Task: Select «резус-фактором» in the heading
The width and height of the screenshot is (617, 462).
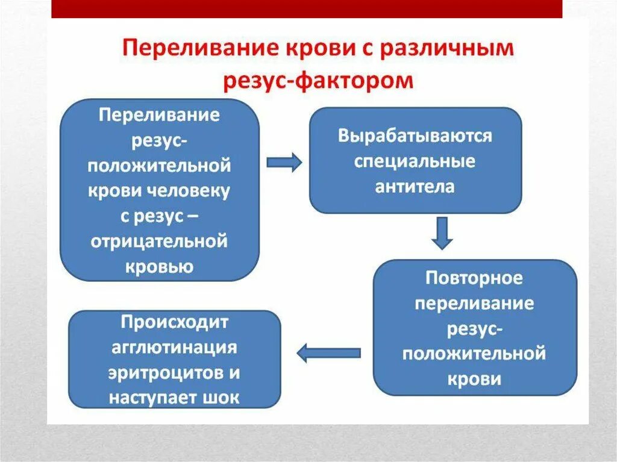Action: [x=318, y=80]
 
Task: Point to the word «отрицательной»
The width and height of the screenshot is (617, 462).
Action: [x=160, y=242]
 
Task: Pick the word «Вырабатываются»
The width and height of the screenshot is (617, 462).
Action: [x=415, y=136]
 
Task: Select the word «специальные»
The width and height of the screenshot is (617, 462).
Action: [x=415, y=161]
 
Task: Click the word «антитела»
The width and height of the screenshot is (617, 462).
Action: [x=415, y=187]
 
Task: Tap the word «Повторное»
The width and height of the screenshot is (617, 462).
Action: [x=474, y=278]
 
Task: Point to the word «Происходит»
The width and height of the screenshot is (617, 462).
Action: [x=174, y=322]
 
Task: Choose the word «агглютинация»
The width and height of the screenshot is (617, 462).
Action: [x=174, y=348]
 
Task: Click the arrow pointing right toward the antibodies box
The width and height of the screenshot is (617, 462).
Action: [x=284, y=162]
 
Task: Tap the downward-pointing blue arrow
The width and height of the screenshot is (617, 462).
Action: [x=443, y=233]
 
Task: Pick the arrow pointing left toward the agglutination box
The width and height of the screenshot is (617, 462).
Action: [x=328, y=353]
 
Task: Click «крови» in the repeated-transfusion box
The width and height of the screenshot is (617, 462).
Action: [x=474, y=379]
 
